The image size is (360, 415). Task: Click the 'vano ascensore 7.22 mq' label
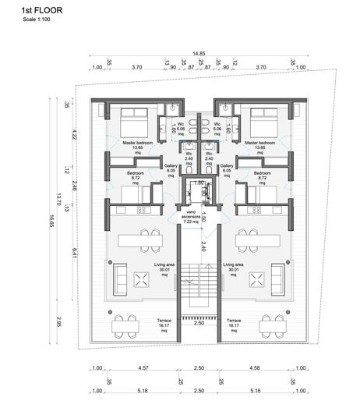(190, 215)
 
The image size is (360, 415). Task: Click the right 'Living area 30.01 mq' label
(233, 270)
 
